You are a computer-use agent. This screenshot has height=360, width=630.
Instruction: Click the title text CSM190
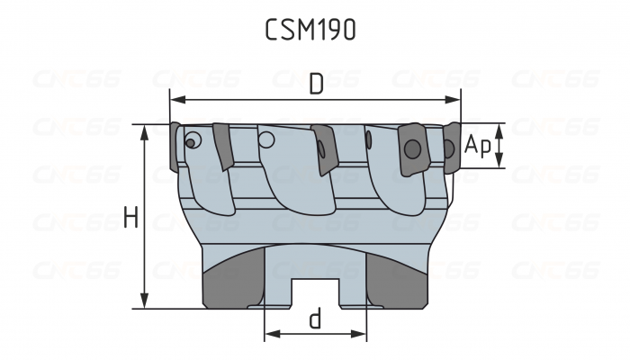point(310,29)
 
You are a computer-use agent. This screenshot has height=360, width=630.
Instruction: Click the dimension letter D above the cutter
point(316,85)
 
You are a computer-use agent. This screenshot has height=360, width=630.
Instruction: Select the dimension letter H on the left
point(130,217)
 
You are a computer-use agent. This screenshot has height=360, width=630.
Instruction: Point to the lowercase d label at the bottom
point(315,320)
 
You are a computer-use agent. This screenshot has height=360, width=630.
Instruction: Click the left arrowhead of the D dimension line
point(175,99)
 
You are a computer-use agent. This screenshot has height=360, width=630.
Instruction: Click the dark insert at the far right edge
point(449,148)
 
